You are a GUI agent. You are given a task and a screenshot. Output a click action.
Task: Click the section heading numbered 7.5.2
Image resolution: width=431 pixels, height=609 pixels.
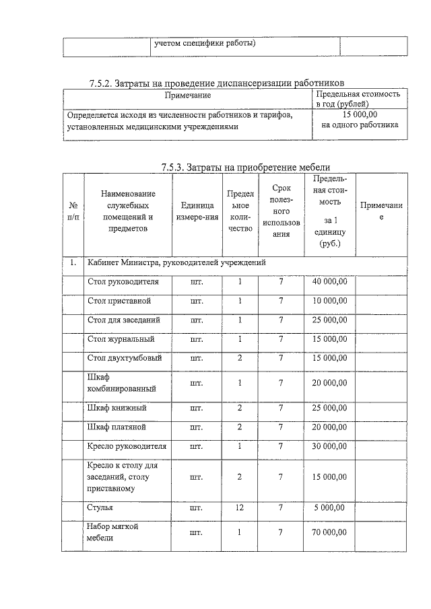(216, 83)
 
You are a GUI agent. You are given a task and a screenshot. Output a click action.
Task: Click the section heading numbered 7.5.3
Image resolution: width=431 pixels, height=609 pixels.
(246, 168)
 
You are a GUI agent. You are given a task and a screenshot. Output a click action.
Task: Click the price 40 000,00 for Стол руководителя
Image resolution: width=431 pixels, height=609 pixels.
(330, 281)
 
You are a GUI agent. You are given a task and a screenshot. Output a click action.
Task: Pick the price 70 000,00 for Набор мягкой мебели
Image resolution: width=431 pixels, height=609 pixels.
(330, 532)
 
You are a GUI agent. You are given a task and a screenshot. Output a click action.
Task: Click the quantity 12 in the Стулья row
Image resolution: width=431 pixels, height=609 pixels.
(239, 507)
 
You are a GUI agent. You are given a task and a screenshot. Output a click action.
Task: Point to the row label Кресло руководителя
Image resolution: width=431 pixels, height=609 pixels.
(127, 446)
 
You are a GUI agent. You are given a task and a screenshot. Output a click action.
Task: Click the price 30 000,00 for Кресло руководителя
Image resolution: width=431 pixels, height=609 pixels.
(330, 446)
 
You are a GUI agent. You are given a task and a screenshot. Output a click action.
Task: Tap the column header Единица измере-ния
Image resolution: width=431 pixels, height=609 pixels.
(197, 211)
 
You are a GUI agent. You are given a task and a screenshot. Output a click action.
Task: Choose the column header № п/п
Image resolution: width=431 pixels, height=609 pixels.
(72, 211)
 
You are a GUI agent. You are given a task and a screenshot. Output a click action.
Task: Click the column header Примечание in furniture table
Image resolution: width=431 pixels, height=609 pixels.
(381, 211)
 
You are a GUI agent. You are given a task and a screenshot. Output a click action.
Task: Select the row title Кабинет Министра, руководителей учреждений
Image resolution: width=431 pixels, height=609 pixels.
(176, 262)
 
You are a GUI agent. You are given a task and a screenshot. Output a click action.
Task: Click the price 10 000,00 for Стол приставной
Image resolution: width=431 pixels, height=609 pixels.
(330, 301)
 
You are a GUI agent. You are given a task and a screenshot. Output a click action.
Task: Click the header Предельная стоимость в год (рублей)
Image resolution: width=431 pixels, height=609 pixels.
(359, 99)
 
